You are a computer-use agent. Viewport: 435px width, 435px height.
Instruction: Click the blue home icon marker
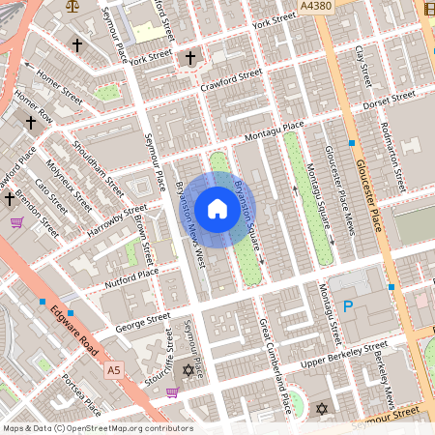tap(217, 208)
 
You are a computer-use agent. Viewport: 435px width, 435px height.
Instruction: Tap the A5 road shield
tap(114, 370)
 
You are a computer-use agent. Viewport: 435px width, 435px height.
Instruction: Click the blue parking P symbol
tap(348, 306)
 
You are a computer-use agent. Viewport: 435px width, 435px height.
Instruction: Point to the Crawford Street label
tap(231, 80)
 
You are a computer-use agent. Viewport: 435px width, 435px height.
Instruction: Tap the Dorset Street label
tap(390, 100)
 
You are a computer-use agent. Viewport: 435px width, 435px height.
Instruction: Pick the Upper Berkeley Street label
tap(344, 353)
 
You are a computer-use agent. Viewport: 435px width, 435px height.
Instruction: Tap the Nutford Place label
tap(133, 275)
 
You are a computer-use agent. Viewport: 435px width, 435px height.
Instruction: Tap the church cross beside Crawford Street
tap(189, 59)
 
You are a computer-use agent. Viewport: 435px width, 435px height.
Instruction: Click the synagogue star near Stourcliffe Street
tap(188, 370)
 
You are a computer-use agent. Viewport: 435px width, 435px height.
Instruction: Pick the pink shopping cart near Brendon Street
tap(16, 222)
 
